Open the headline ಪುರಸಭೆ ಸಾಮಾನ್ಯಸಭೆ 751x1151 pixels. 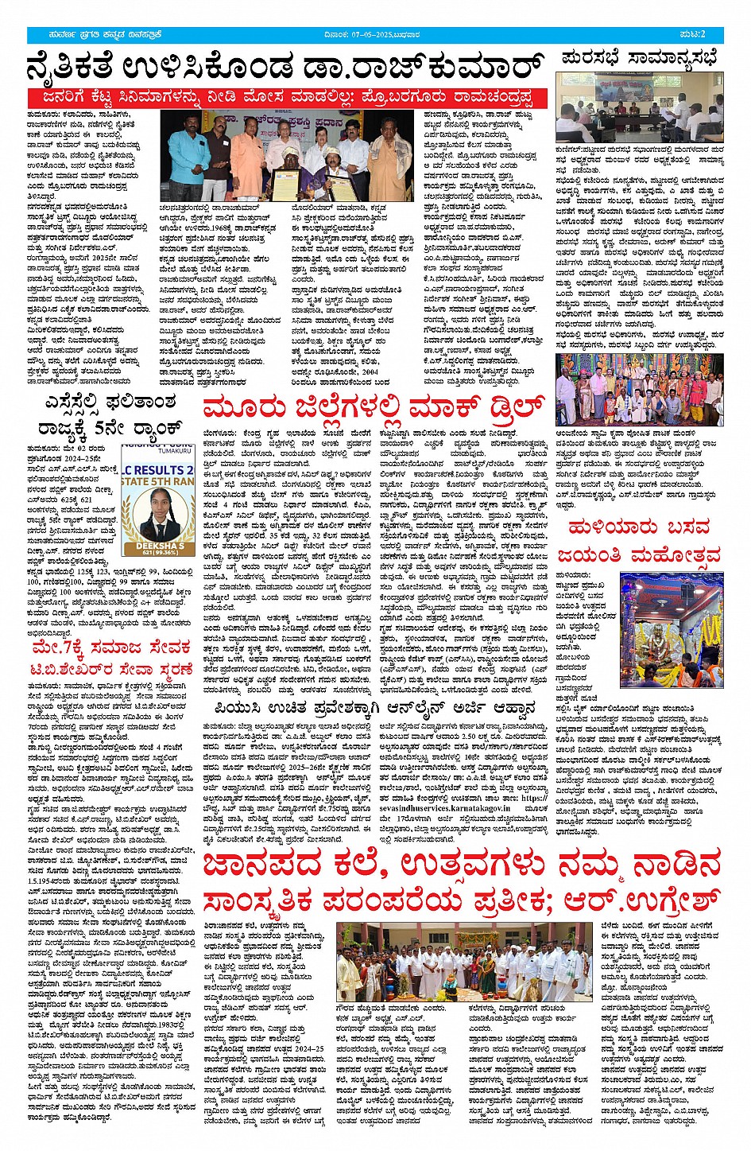638,58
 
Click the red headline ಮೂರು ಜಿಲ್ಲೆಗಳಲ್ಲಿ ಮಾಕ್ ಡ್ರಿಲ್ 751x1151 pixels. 374,409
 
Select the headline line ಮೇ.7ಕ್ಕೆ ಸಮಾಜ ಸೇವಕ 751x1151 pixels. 110,645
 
